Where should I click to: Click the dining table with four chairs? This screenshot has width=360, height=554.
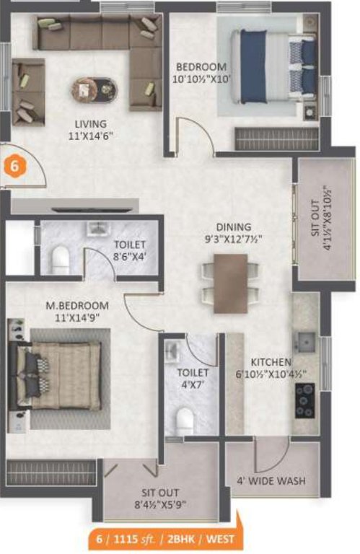[x=230, y=283]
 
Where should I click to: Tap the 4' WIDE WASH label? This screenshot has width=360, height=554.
[x=271, y=481]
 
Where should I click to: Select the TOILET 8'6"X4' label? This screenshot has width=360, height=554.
[x=130, y=250]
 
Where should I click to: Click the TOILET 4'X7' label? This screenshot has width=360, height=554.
[x=193, y=379]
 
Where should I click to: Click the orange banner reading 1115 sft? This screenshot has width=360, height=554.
[x=165, y=538]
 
